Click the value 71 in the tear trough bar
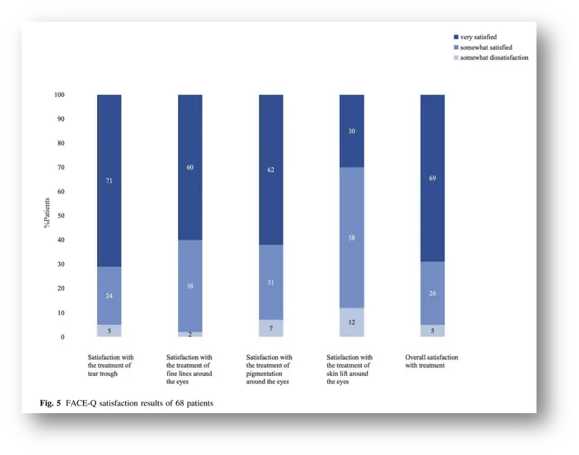(x=109, y=181)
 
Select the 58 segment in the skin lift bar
(x=352, y=238)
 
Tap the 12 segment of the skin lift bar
(x=352, y=322)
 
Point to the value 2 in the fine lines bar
(x=190, y=334)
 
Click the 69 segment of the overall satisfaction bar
(x=433, y=178)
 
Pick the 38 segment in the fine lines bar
(x=190, y=286)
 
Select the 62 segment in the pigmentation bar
(x=271, y=170)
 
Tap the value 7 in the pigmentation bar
(x=271, y=328)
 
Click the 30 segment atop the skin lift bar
(x=352, y=131)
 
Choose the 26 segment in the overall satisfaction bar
(x=433, y=293)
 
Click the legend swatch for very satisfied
(x=456, y=37)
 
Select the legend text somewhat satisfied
(x=486, y=47)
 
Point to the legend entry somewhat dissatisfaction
(x=494, y=58)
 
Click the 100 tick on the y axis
(x=59, y=95)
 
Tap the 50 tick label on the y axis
(x=61, y=216)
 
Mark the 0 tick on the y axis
(x=63, y=337)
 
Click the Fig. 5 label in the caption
(x=51, y=404)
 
